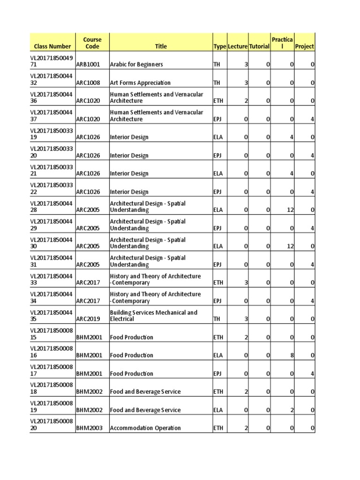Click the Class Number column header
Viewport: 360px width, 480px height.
52,46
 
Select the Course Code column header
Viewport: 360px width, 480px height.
92,43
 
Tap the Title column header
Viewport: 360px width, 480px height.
161,46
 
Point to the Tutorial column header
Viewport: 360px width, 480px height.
259,46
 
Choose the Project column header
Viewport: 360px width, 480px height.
305,46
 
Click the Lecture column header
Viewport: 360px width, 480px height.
238,46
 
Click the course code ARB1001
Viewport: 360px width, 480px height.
88,64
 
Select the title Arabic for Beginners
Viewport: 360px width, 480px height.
136,64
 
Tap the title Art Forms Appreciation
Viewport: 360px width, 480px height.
140,82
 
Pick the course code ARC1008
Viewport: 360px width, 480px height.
88,82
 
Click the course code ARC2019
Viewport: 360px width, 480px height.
88,319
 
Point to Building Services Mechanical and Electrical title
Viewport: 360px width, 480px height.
153,315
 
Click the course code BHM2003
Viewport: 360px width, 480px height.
89,428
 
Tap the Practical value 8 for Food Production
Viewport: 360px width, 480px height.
292,355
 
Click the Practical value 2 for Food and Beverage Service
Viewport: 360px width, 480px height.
292,410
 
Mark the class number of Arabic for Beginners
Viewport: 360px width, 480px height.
52,61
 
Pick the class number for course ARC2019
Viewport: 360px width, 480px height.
52,315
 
